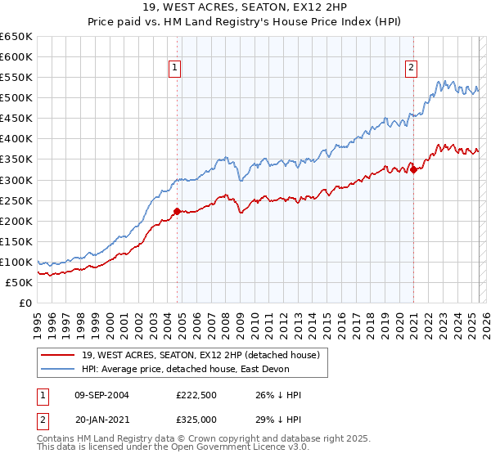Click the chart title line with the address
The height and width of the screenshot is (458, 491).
point(245,9)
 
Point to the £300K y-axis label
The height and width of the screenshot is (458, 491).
point(16,180)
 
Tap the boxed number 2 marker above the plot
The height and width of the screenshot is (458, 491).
point(412,69)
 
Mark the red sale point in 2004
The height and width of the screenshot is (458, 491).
point(177,211)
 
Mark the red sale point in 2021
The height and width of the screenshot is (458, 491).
point(414,169)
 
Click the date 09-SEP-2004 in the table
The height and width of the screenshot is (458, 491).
point(102,395)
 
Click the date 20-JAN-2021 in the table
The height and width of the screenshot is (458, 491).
point(102,418)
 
